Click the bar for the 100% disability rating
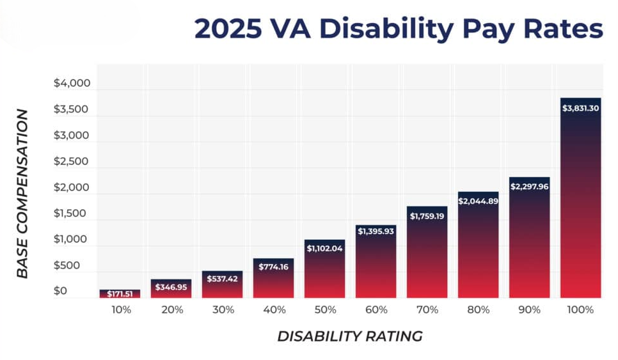(580, 198)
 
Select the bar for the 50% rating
(324, 269)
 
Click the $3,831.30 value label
(580, 109)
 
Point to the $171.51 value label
(120, 294)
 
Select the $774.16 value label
(273, 267)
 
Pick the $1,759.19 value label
(427, 216)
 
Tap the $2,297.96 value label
(529, 187)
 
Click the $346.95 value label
(171, 288)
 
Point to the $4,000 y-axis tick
(72, 83)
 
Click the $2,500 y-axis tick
(72, 162)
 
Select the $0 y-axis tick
(60, 292)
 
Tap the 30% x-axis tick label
(223, 310)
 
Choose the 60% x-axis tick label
(376, 310)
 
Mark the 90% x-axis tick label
(530, 310)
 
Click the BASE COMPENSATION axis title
(22, 194)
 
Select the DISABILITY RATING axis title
(350, 336)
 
